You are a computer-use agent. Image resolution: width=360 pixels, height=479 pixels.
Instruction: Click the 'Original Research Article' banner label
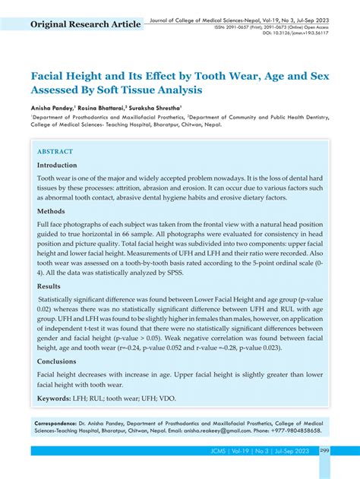86,24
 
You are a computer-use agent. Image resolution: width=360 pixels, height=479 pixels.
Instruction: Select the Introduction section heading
58,165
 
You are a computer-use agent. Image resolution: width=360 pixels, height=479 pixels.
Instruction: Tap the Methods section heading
52,212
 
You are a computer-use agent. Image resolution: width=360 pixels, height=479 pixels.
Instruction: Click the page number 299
346,450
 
